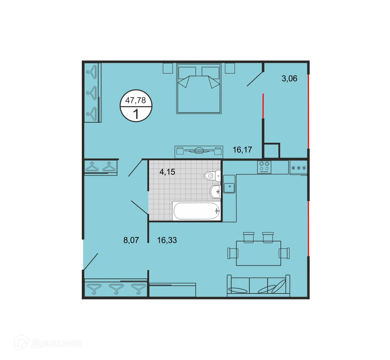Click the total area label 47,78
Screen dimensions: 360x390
point(136,100)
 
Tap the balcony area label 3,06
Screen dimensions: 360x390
point(289,79)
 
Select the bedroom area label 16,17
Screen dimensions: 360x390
point(242,150)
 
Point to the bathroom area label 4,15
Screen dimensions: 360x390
point(167,172)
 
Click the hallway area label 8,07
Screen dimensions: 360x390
point(131,240)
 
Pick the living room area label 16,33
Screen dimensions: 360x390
point(167,240)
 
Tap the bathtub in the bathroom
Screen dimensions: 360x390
point(197,211)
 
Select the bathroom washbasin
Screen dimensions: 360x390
point(216,192)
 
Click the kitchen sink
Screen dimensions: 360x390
point(229,187)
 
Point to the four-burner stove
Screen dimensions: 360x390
point(264,167)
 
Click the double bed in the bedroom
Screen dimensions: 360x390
point(199,89)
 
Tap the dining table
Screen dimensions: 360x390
point(258,253)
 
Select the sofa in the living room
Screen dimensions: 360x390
point(258,286)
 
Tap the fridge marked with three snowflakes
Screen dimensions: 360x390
point(298,168)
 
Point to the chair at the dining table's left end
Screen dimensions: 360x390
point(233,253)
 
